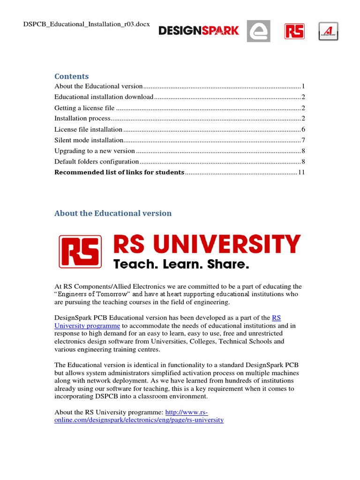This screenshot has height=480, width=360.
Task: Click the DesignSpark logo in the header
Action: point(199,31)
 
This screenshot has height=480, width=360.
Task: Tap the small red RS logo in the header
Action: point(294,31)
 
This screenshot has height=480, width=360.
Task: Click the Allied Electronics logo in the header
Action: point(328,31)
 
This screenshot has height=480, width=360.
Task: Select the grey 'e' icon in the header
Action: point(258,31)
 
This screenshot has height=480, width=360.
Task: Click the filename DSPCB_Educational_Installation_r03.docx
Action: point(87,24)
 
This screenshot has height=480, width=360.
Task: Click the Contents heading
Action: point(71,76)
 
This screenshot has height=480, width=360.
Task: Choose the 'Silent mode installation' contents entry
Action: point(89,140)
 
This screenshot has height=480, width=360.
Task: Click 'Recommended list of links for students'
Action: point(119,172)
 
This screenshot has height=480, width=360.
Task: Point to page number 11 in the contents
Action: point(301,172)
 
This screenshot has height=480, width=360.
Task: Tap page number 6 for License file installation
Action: point(303,129)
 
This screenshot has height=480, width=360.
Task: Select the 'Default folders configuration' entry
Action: point(97,162)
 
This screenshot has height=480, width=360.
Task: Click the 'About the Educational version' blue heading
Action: point(113,213)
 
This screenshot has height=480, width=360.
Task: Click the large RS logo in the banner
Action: point(80,252)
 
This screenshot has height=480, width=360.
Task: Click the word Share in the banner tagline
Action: point(228,264)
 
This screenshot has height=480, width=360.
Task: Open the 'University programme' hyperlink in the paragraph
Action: point(87,325)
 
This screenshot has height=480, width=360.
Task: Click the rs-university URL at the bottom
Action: point(139,420)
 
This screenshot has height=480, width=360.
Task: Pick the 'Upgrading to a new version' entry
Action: point(95,151)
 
